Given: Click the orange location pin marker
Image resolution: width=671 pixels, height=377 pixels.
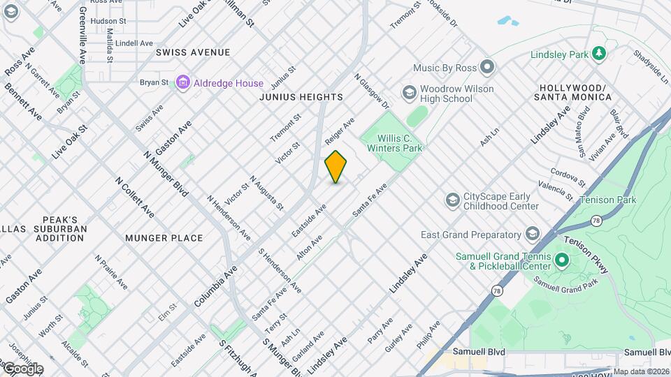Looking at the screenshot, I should (x=335, y=167).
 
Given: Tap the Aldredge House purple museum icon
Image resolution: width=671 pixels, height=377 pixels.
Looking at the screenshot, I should (x=183, y=83).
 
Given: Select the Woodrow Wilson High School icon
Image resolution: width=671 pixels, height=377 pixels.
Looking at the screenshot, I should (x=409, y=92).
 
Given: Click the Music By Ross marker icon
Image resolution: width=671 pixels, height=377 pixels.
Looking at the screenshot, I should (x=487, y=68).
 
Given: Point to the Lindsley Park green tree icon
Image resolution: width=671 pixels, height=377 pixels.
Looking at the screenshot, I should (x=598, y=53).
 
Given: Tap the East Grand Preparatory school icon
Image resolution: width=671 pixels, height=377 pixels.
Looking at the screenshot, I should (x=533, y=234).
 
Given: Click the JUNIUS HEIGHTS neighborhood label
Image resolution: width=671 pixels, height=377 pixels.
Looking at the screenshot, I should (x=301, y=97).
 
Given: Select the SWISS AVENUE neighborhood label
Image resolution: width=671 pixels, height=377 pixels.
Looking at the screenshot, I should (x=193, y=52).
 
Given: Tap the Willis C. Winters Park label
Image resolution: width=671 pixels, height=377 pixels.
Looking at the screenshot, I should (x=396, y=143).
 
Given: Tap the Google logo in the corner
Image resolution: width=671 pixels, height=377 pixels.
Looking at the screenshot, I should (x=22, y=368).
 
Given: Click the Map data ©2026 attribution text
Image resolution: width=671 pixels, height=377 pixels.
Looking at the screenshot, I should (x=641, y=371).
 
